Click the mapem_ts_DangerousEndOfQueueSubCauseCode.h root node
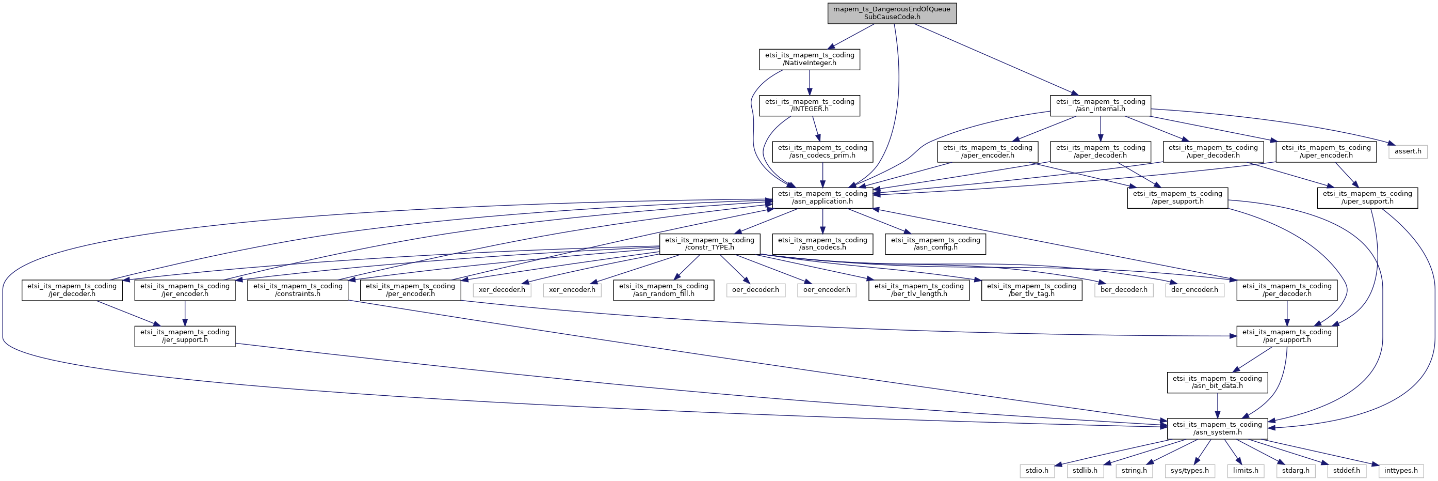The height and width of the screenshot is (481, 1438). pyautogui.click(x=892, y=13)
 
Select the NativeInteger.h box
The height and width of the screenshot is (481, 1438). pyautogui.click(x=809, y=59)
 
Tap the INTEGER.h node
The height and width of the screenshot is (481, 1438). pyautogui.click(x=809, y=105)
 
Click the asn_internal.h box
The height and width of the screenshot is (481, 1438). pyautogui.click(x=1100, y=105)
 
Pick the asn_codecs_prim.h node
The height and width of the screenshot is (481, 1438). pyautogui.click(x=822, y=151)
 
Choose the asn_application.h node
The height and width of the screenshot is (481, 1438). pyautogui.click(x=822, y=198)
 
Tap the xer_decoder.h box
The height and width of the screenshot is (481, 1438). pyautogui.click(x=502, y=290)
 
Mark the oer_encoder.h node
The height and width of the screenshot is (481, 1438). pyautogui.click(x=826, y=290)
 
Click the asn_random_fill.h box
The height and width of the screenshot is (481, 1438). pyautogui.click(x=663, y=290)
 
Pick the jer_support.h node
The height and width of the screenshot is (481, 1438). pyautogui.click(x=185, y=336)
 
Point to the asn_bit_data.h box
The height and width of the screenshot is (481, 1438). pyautogui.click(x=1217, y=382)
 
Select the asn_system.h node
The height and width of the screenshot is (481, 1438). pyautogui.click(x=1217, y=428)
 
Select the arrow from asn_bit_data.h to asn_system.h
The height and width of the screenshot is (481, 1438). pyautogui.click(x=1217, y=406)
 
